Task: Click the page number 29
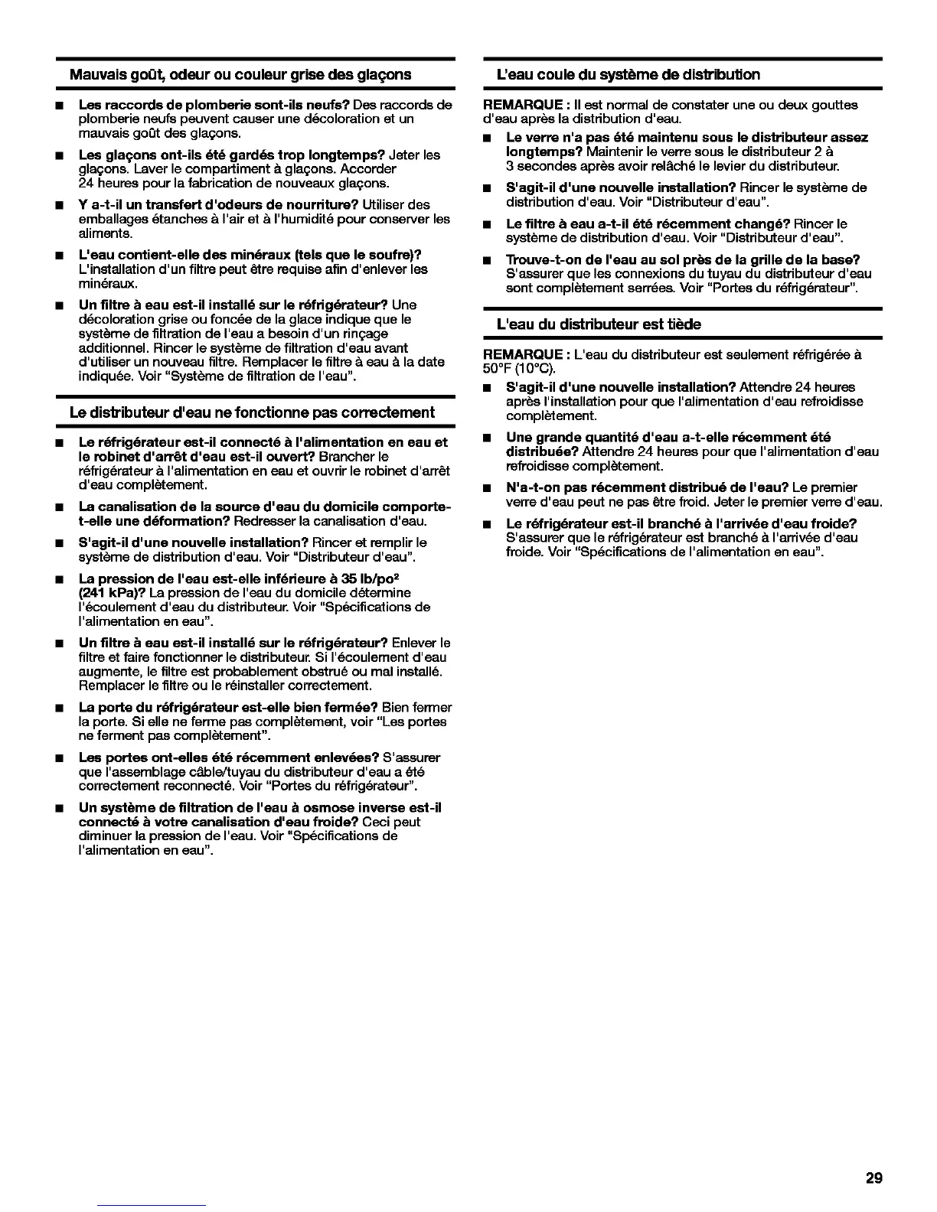click(873, 1178)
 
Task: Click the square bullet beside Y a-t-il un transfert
click(59, 205)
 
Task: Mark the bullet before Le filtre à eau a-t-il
click(486, 224)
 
